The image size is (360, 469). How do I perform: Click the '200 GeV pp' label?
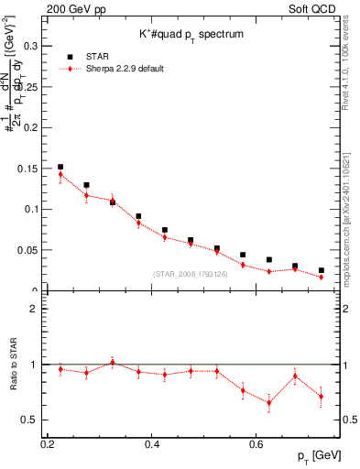pyautogui.click(x=75, y=8)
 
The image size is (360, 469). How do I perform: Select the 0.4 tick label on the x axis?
pyautogui.click(x=153, y=443)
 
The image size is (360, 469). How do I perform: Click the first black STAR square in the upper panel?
pyautogui.click(x=60, y=167)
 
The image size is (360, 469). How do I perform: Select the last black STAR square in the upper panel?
pyautogui.click(x=321, y=270)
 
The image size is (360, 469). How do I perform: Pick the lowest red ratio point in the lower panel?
pyautogui.click(x=269, y=402)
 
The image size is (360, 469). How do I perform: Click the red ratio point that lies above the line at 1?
pyautogui.click(x=113, y=362)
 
